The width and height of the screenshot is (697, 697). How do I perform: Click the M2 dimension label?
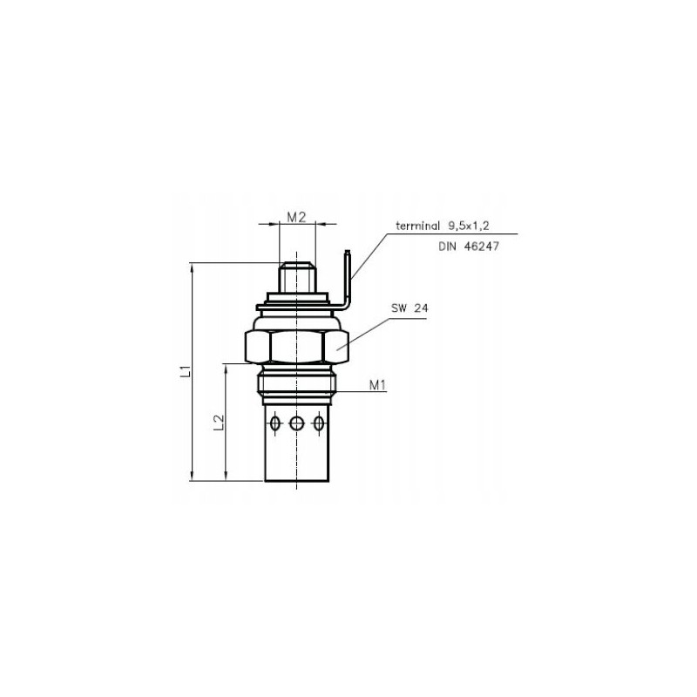(296, 218)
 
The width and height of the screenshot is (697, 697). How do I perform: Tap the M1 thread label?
(376, 384)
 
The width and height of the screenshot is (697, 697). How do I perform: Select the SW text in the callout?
(398, 308)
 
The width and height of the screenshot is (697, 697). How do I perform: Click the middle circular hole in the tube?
(298, 423)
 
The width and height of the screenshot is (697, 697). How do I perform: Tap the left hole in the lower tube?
(276, 423)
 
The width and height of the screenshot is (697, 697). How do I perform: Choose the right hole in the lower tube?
(320, 423)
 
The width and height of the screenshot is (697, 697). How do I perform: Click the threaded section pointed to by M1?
(298, 384)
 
